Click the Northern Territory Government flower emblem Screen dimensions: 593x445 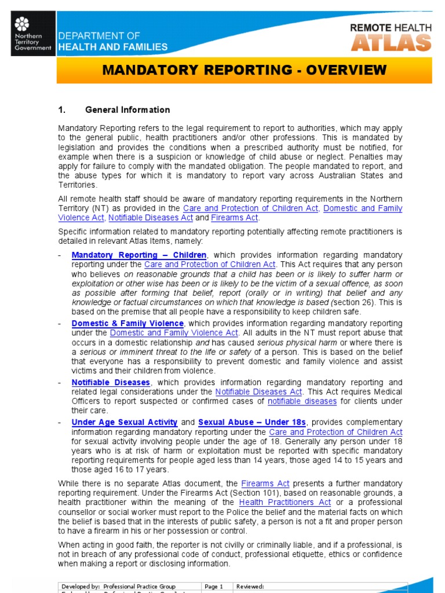(x=21, y=24)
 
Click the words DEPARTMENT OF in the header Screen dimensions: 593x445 (x=99, y=36)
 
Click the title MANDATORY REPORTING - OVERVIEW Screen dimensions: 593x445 (x=244, y=70)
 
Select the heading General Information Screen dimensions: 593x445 (x=127, y=109)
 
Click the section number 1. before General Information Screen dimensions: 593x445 (x=63, y=109)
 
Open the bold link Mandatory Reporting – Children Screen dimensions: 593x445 (x=138, y=255)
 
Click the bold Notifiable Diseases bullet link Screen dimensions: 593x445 (x=111, y=382)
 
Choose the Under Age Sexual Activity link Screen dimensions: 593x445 (x=124, y=422)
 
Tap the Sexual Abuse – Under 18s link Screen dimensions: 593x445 (x=251, y=422)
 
